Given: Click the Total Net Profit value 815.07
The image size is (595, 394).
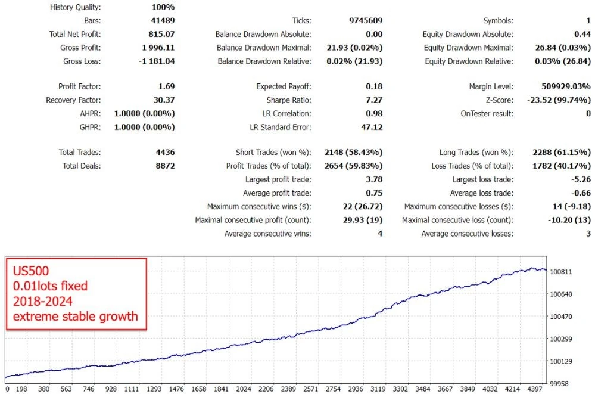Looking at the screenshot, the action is point(161,34).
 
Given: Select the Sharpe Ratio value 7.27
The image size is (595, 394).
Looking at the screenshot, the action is point(374,100).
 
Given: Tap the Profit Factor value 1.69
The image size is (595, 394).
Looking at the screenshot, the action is point(167,86).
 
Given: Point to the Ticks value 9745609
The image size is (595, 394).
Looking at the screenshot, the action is point(366,20).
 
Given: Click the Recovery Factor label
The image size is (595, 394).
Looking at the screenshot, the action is point(74,100).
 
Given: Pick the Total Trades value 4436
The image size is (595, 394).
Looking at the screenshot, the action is point(166,153).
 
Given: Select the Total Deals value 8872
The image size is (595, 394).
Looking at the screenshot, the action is point(166,166).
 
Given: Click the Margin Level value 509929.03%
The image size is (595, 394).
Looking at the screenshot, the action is point(566,86).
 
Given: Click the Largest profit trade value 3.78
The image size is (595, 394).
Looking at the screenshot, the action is point(374,179).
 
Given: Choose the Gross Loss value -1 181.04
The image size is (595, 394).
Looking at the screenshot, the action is point(157,61).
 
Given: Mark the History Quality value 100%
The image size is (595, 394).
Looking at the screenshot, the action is point(163,7).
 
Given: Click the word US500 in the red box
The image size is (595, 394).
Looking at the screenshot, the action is point(31,271).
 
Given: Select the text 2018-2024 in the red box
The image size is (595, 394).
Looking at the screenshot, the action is point(42,301).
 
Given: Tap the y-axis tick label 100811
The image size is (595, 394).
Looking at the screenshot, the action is point(561,272).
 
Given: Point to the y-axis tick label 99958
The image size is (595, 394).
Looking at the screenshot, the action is point(559,384).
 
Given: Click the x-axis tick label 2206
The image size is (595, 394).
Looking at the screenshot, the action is point(266,389).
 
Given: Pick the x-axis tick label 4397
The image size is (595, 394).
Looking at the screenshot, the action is point(535,389).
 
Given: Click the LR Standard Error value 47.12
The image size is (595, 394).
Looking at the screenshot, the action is point(372,127).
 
